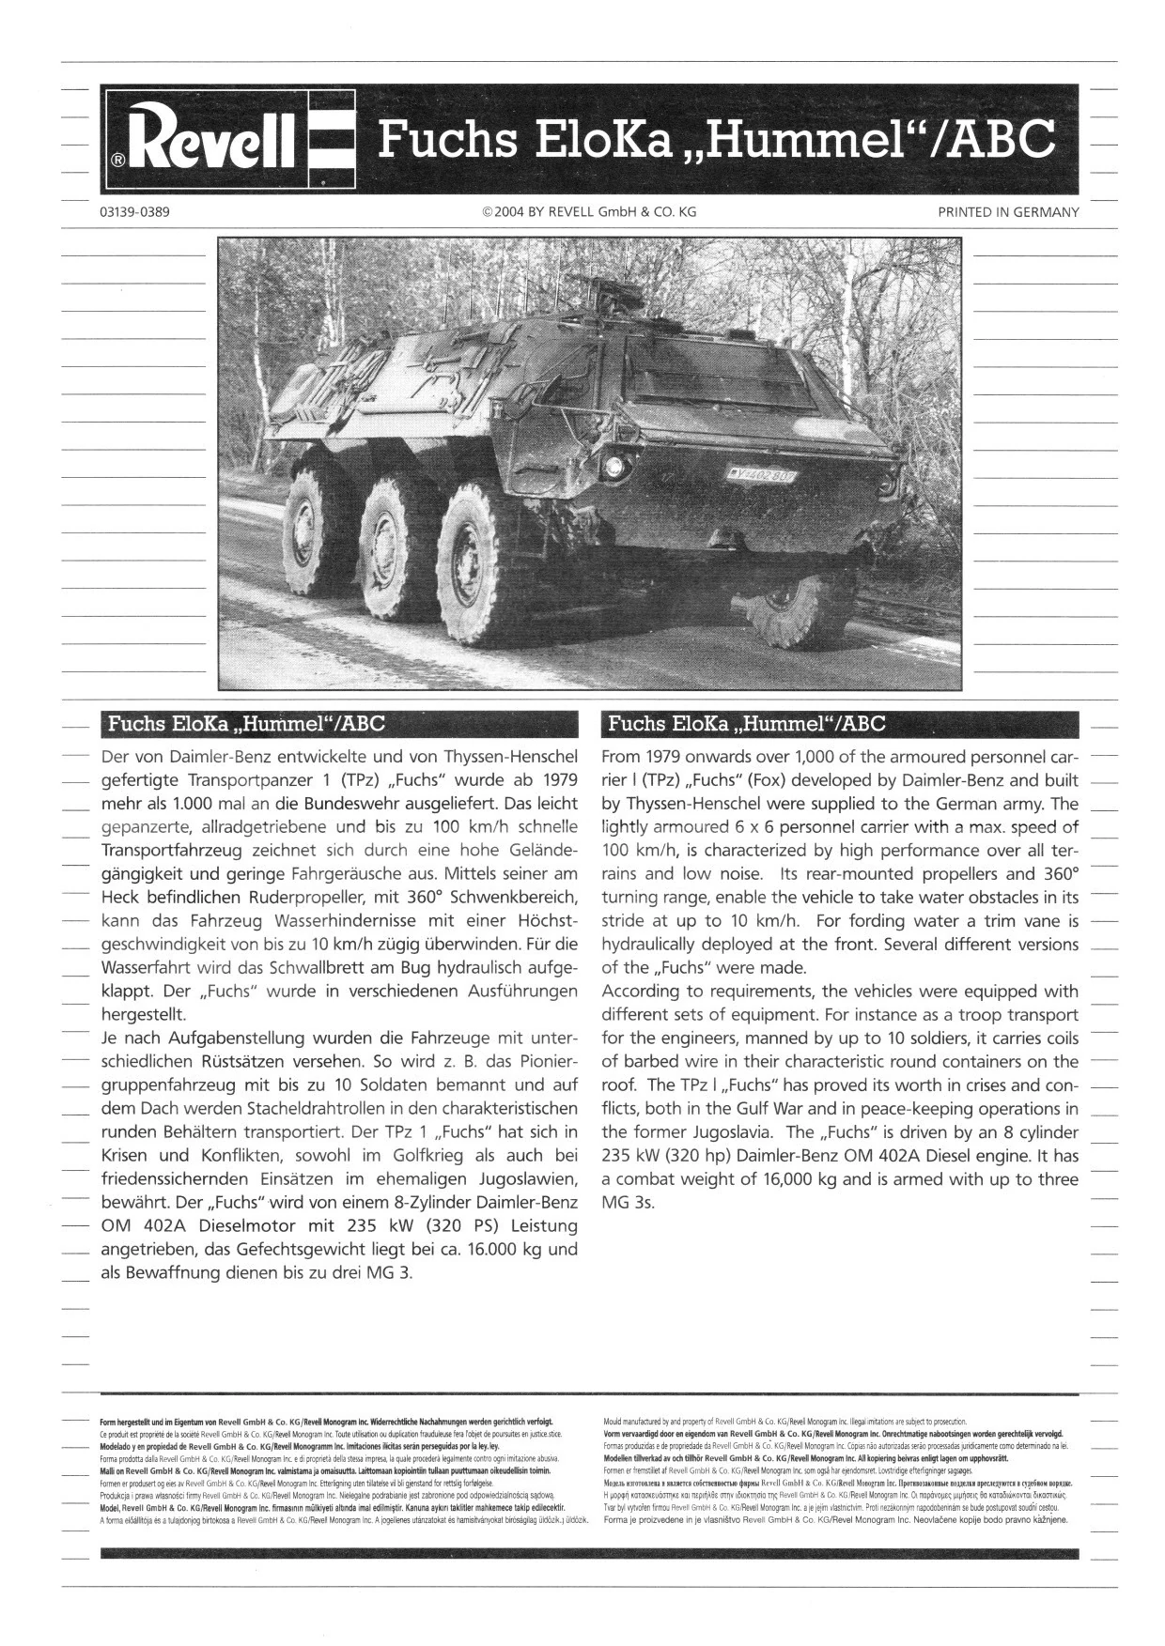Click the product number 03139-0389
coord(134,212)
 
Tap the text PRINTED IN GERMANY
coord(1008,212)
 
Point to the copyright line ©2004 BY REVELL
coord(589,212)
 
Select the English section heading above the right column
coord(747,724)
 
